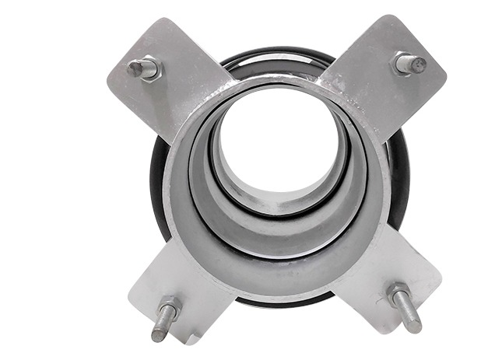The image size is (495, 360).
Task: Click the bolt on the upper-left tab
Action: coord(143,69)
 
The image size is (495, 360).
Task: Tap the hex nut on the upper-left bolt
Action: coord(150,70)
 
